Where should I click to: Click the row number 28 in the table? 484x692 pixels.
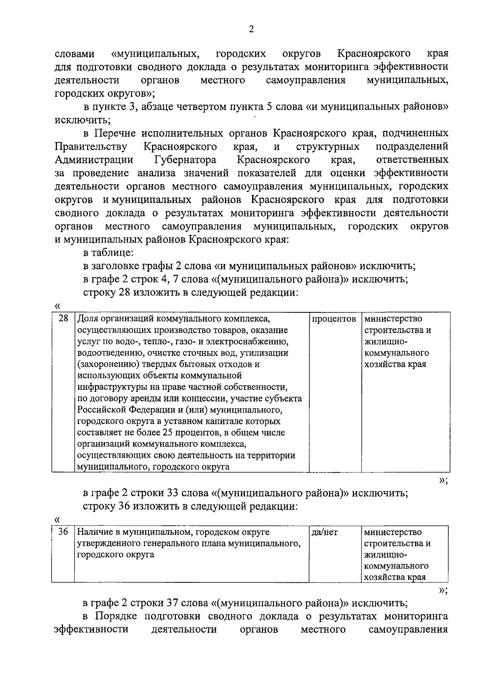63,318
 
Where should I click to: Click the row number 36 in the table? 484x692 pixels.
63,532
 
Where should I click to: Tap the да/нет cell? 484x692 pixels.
325,532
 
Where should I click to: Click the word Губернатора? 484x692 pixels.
185,160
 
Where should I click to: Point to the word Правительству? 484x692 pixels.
91,146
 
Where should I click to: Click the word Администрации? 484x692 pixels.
94,160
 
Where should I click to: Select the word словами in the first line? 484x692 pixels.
75,54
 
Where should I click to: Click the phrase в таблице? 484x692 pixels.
108,253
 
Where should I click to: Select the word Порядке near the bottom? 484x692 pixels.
115,616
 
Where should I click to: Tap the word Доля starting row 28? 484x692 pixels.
86,318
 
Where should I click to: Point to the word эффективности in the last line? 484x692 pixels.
91,630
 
